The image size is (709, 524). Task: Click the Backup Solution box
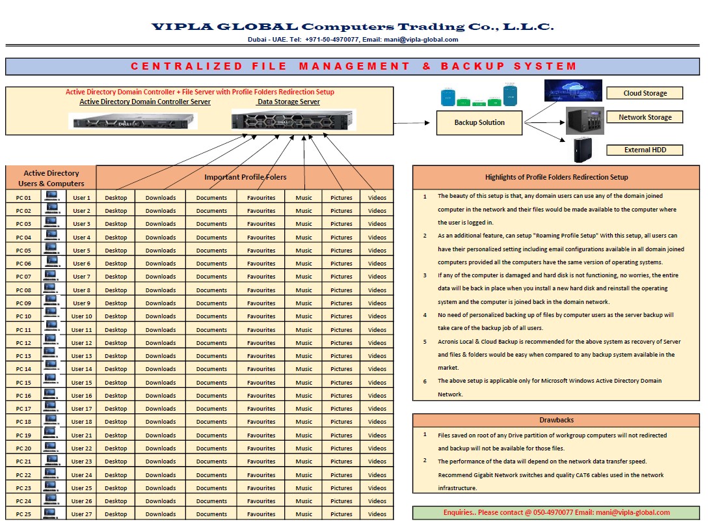click(479, 122)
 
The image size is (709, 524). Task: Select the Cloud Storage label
click(645, 93)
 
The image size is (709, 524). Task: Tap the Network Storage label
click(645, 117)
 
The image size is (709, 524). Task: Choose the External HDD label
click(645, 150)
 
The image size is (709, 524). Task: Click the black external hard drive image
click(582, 150)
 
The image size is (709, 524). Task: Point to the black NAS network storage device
click(585, 120)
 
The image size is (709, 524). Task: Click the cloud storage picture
click(573, 90)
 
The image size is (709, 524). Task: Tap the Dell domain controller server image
click(133, 120)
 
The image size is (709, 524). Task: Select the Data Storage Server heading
click(288, 102)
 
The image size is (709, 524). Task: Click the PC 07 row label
click(23, 277)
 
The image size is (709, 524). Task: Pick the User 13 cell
click(81, 356)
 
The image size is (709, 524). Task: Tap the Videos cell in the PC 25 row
click(377, 514)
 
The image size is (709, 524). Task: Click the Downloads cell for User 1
click(161, 198)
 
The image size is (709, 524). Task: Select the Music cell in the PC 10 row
click(304, 316)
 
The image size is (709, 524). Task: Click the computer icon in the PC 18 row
click(51, 421)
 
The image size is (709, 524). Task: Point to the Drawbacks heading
click(556, 420)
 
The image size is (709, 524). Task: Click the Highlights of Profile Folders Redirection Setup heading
click(556, 177)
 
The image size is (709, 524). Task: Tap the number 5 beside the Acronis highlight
click(425, 341)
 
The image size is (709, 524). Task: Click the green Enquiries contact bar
click(556, 512)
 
